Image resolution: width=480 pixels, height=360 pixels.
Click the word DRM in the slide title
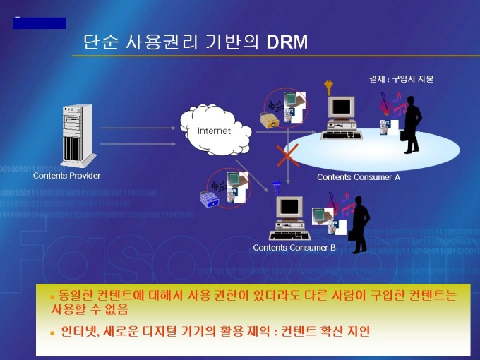[x=287, y=42]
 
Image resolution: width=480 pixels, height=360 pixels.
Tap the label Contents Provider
[x=66, y=176]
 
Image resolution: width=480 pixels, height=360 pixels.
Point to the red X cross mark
[x=287, y=155]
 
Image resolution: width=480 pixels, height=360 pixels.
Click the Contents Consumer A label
[x=358, y=177]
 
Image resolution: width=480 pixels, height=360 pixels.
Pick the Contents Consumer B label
[x=294, y=248]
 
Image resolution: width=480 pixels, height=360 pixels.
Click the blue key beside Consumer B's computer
[x=277, y=188]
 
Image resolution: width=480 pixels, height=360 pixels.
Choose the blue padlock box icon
[x=210, y=200]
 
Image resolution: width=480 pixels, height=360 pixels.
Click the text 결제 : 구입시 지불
[x=401, y=79]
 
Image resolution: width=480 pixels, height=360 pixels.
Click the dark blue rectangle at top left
[x=40, y=23]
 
